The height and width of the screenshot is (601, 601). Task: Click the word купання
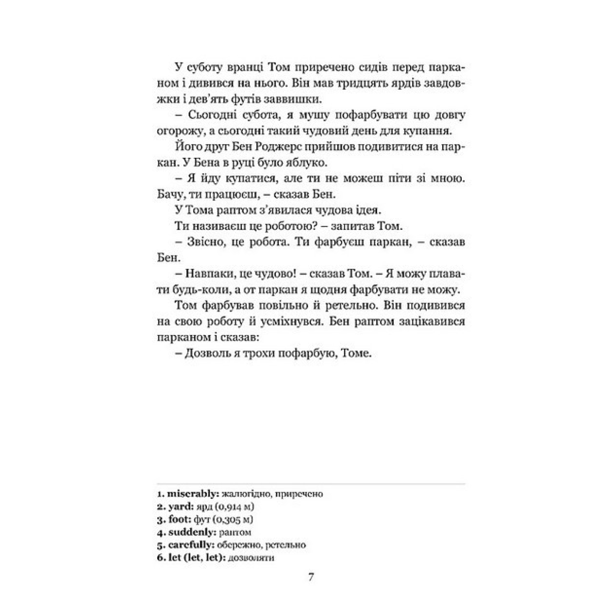[440, 131]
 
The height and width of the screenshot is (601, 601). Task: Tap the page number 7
[311, 576]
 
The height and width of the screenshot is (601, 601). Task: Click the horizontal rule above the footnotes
[308, 484]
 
